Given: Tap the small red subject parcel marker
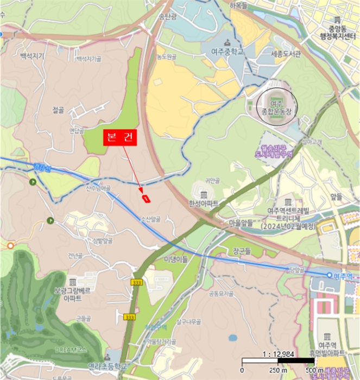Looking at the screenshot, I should pos(146,198).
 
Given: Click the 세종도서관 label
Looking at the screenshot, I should pos(274,54).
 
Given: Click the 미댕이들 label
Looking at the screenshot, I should pos(175,259).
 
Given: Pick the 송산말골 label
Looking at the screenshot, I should pos(150,219).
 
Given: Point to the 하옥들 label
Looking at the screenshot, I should pos(238,5).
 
